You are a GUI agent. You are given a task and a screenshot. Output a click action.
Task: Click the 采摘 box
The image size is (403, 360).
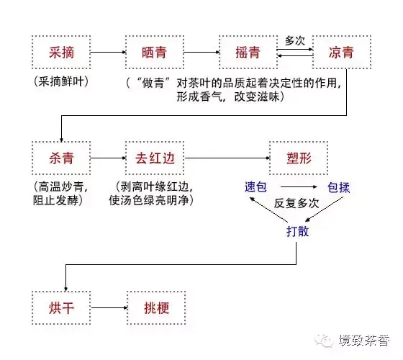pyautogui.click(x=61, y=52)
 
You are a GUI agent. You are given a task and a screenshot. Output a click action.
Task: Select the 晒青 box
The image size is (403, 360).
pyautogui.click(x=155, y=52)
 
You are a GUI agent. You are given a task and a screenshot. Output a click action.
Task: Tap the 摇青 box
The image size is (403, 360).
pyautogui.click(x=248, y=52)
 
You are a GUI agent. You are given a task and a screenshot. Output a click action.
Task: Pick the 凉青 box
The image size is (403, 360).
pyautogui.click(x=342, y=52)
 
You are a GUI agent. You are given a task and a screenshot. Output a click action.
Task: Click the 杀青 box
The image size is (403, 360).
pyautogui.click(x=61, y=158)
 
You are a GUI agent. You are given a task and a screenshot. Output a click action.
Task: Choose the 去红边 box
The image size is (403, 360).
pyautogui.click(x=155, y=158)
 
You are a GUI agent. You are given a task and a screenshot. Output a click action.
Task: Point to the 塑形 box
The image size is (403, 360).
pyautogui.click(x=299, y=158)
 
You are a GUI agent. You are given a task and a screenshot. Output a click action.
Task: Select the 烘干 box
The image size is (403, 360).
pyautogui.click(x=61, y=308)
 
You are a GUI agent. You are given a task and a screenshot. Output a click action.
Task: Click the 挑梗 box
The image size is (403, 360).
pyautogui.click(x=156, y=308)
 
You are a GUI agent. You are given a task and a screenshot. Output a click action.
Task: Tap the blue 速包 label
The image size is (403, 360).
pyautogui.click(x=255, y=187)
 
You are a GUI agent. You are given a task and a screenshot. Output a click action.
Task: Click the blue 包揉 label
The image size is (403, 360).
pyautogui.click(x=339, y=187)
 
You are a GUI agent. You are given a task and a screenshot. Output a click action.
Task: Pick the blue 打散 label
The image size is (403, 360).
pyautogui.click(x=298, y=231)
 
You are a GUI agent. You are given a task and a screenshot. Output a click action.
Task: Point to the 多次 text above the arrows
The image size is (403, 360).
pyautogui.click(x=295, y=40)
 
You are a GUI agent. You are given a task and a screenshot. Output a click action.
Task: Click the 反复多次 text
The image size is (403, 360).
pyautogui.click(x=296, y=203)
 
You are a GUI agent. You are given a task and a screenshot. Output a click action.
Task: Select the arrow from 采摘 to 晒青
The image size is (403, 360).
pyautogui.click(x=108, y=52)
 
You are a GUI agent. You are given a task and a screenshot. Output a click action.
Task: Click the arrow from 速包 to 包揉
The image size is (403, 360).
pyautogui.click(x=299, y=187)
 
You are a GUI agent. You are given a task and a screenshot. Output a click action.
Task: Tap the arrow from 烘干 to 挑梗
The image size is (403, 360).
pyautogui.click(x=109, y=308)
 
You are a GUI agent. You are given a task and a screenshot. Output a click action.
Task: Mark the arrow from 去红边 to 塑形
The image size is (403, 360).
pyautogui.click(x=227, y=158)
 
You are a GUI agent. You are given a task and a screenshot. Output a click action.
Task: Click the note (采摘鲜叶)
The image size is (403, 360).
pyautogui.click(x=61, y=81)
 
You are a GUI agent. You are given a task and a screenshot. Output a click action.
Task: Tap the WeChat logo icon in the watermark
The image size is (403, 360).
pyautogui.click(x=324, y=341)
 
